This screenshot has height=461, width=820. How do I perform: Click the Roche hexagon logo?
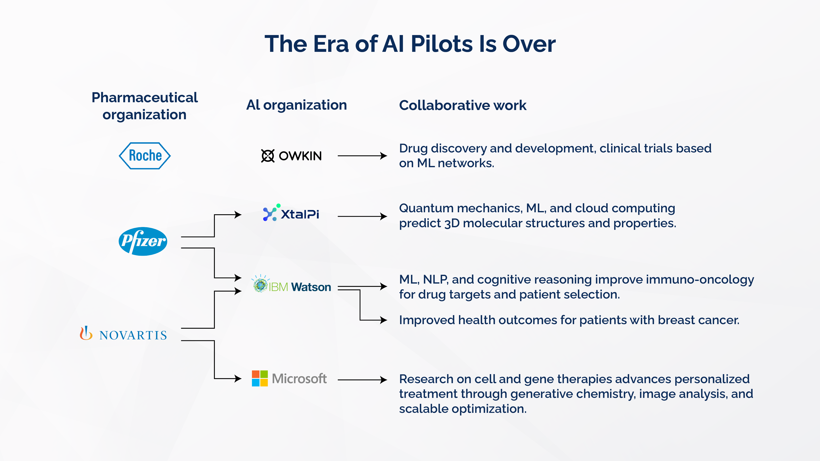click(145, 156)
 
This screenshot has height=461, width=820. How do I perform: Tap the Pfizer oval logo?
click(143, 241)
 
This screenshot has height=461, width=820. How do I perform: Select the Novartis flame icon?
click(86, 333)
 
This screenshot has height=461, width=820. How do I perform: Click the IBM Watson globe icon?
click(260, 285)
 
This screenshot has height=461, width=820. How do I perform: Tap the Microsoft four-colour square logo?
click(260, 378)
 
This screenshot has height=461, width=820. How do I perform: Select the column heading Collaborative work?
click(462, 105)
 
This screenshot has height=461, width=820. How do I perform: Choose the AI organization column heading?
click(296, 105)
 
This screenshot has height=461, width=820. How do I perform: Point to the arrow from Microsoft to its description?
click(362, 379)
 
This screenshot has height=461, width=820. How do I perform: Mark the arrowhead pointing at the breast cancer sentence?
click(384, 320)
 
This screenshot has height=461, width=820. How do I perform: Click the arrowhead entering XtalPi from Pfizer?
click(238, 215)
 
